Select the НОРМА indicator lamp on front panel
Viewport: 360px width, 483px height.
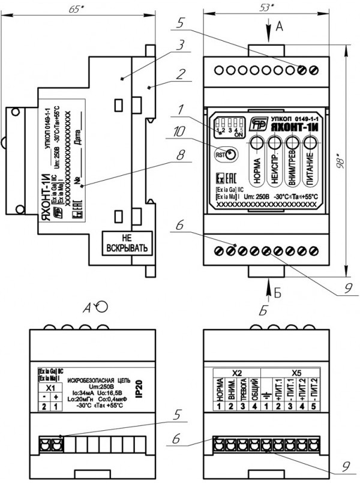[257, 143]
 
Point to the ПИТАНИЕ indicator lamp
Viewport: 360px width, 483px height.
[310, 143]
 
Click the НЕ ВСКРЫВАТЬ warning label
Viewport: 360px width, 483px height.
[125, 242]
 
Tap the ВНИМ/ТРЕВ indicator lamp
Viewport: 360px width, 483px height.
[293, 143]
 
